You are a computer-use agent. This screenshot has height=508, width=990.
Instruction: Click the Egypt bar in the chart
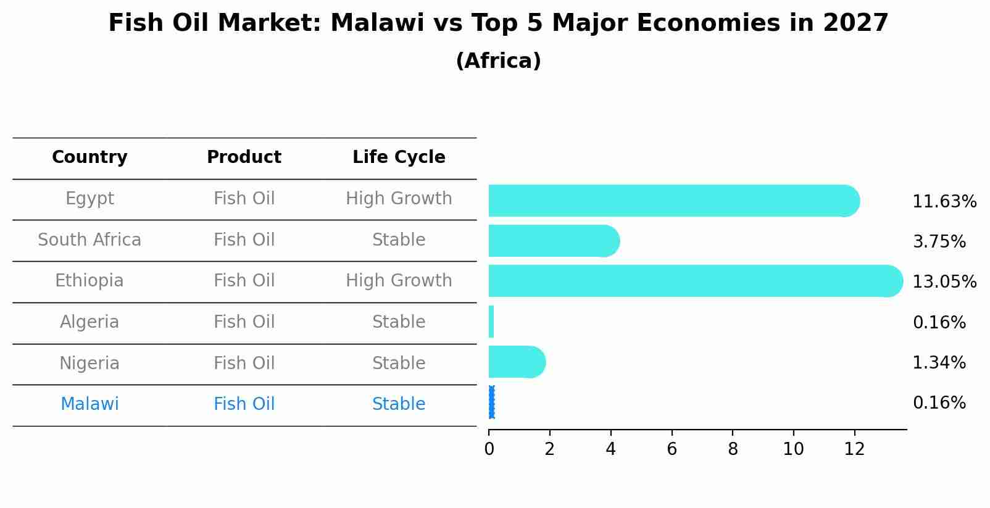coord(673,201)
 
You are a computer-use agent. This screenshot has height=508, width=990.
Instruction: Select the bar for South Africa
coord(553,241)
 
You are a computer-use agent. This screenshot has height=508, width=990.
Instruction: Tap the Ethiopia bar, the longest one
coord(695,281)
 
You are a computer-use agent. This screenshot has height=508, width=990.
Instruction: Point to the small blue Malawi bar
coord(491,402)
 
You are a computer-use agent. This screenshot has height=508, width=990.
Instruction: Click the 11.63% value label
coord(944,202)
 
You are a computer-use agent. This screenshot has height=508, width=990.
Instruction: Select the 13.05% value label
coord(944,282)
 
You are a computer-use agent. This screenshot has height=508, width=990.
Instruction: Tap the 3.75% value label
coord(939,242)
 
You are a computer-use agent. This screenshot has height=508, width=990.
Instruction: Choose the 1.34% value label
coord(939,363)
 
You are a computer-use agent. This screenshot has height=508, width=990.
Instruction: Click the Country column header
coord(89,157)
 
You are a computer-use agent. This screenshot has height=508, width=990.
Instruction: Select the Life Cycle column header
coord(399,157)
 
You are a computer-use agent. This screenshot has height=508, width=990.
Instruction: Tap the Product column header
coord(244,157)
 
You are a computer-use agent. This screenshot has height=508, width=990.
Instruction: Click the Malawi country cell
coord(89,404)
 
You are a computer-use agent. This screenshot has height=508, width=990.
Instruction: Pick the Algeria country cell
coord(89,322)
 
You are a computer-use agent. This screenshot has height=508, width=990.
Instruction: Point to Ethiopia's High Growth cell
coord(399,281)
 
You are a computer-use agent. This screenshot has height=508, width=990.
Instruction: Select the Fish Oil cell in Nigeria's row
coord(244,363)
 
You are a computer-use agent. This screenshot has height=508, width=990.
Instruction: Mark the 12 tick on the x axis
coord(854,449)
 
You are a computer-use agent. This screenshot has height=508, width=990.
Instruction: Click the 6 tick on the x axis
coord(672,449)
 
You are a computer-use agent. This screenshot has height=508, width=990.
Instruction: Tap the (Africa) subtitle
coord(498,61)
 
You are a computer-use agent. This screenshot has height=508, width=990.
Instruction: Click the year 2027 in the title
coord(855,23)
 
